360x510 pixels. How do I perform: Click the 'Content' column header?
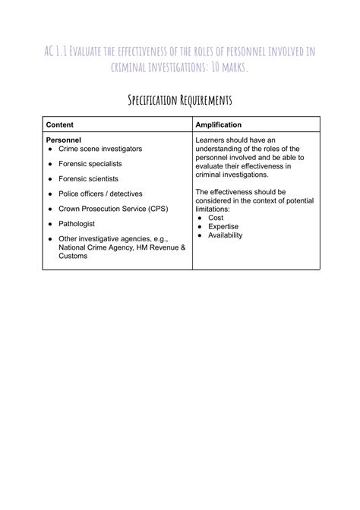pos(60,124)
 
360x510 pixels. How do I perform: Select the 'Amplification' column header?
pos(219,124)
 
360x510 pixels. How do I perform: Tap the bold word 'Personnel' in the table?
pos(64,140)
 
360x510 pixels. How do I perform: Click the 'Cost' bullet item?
pos(215,218)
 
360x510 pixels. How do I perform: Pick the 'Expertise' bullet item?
pos(223,227)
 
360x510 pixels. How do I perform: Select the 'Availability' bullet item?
pos(225,236)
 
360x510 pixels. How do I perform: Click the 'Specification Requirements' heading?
pos(180,100)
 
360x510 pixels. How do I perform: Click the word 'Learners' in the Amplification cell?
pos(211,140)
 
